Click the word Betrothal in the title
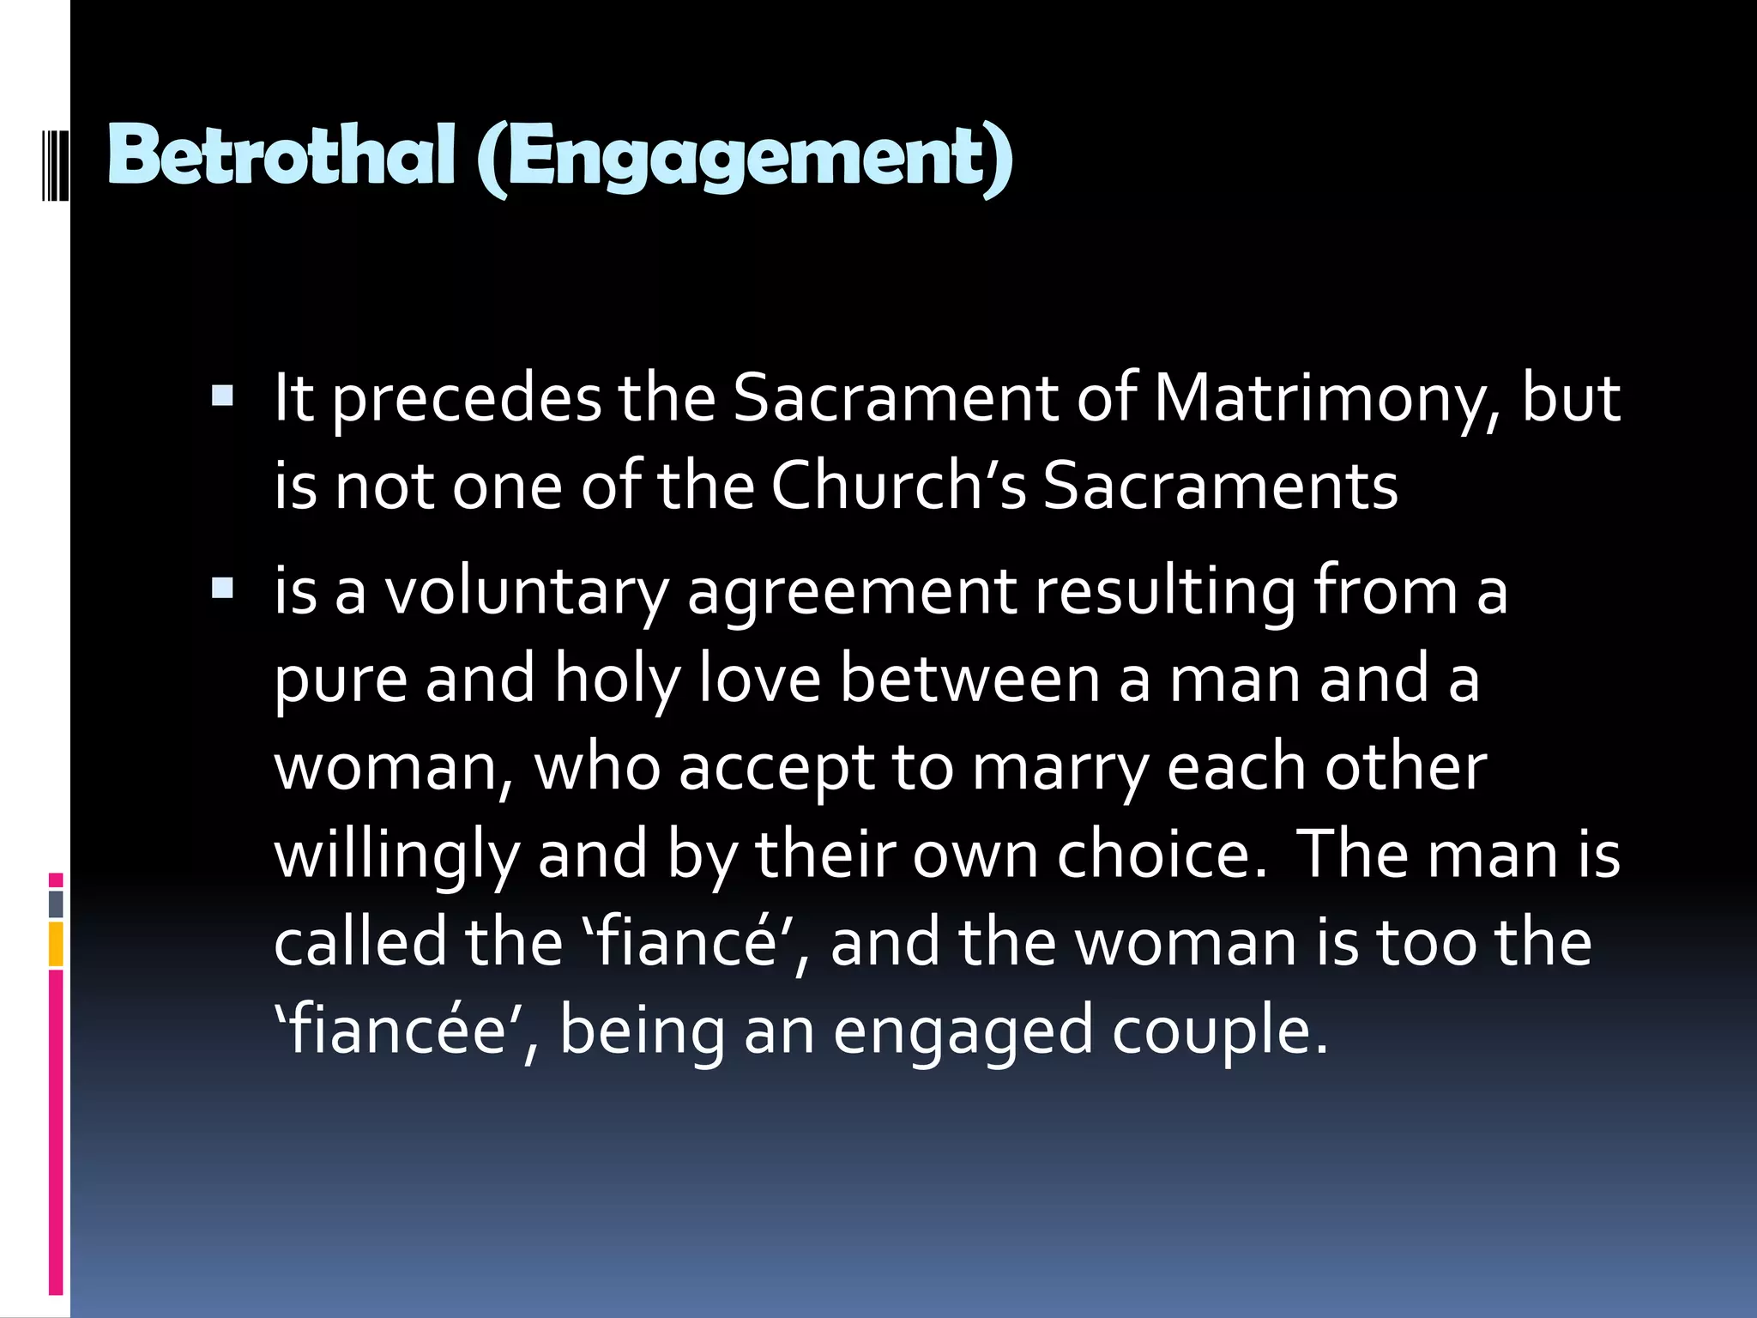pyautogui.click(x=281, y=155)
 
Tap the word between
pyautogui.click(x=969, y=680)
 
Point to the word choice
pyautogui.click(x=1162, y=855)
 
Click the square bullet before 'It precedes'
pyautogui.click(x=222, y=396)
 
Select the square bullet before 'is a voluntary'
pyautogui.click(x=222, y=589)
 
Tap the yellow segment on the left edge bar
pyautogui.click(x=56, y=944)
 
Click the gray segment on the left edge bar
pyautogui.click(x=56, y=904)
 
